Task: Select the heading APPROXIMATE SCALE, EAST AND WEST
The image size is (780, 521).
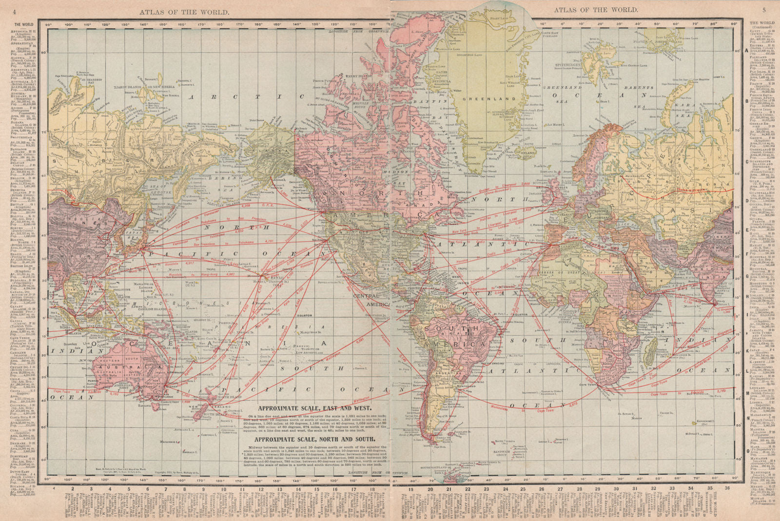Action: (315, 408)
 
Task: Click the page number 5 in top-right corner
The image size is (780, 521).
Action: (764, 10)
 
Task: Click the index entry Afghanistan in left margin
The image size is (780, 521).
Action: (24, 43)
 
